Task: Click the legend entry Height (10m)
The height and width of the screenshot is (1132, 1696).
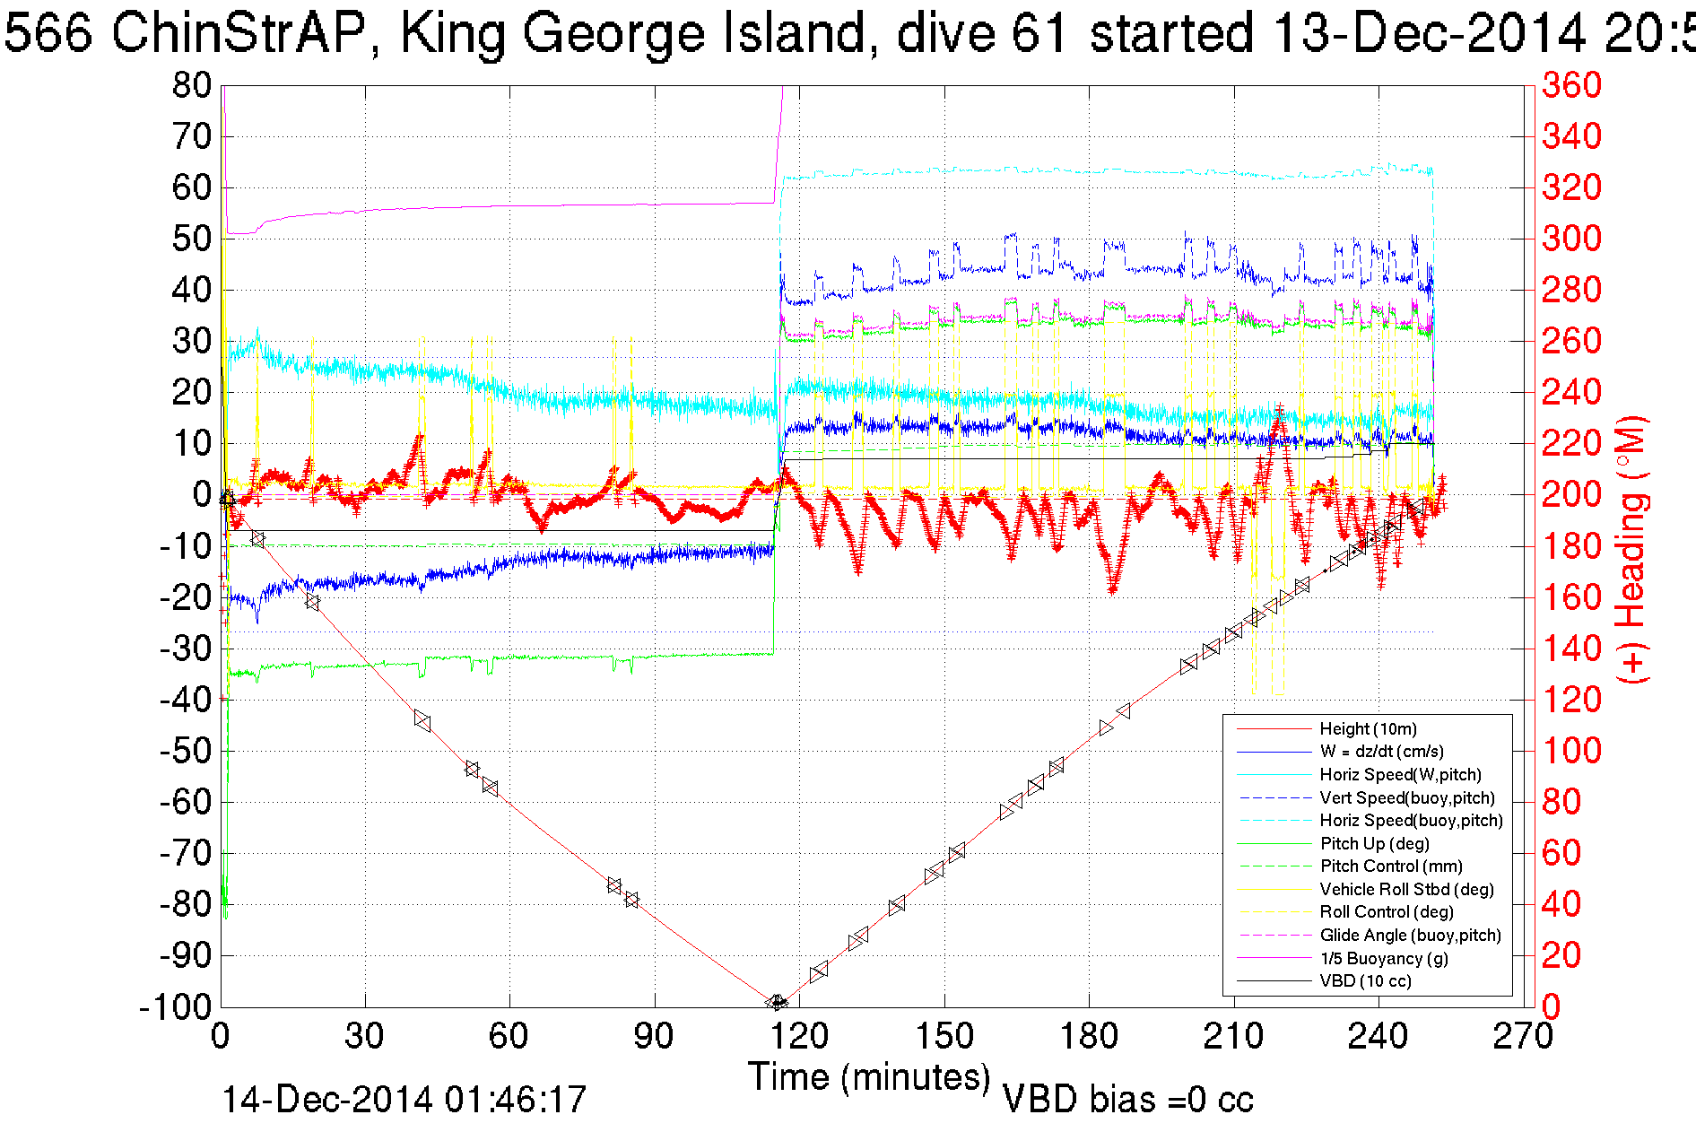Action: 1368,729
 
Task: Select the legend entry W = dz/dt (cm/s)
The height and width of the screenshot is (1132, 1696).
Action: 1381,752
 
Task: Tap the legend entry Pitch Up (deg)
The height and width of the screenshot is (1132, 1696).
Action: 1374,843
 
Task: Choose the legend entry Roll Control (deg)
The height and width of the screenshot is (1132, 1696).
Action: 1386,912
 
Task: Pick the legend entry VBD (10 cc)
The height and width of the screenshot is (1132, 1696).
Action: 1365,981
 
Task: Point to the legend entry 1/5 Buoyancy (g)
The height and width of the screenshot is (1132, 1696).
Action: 1384,958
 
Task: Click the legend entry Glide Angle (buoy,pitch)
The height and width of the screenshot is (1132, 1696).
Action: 1410,936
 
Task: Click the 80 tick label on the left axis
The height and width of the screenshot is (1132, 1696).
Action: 191,86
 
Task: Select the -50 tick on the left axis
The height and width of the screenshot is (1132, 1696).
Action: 184,751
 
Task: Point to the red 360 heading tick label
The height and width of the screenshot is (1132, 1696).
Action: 1571,86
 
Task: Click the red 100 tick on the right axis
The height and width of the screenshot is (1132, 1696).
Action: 1571,751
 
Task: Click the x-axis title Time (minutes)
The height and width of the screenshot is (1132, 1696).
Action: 869,1077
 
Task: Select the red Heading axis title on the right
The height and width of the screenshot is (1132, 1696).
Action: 1631,549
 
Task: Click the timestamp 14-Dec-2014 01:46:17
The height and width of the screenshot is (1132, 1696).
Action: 404,1100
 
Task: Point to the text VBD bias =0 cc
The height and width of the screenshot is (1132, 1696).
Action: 1127,1100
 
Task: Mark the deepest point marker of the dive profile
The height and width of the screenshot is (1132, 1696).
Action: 778,1002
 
